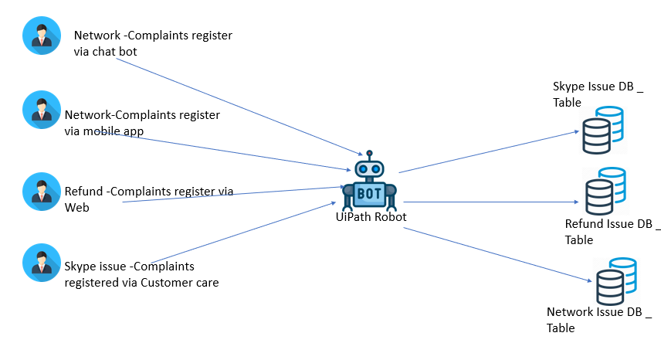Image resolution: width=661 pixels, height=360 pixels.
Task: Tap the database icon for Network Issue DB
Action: point(615,281)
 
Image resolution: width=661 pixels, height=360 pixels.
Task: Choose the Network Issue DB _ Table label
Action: point(599,320)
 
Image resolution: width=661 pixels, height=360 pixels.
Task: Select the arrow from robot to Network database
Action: point(494,255)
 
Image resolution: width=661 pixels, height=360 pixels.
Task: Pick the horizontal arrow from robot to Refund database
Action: point(490,202)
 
